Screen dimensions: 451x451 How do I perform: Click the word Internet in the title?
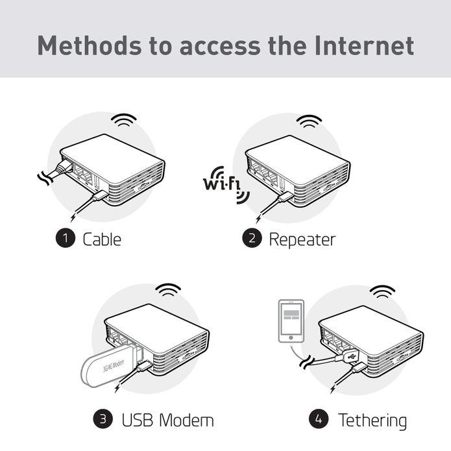(364, 45)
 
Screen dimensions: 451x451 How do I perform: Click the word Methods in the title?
(90, 45)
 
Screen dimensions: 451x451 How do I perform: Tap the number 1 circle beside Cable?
(66, 238)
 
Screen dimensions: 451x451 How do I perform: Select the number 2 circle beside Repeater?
(252, 238)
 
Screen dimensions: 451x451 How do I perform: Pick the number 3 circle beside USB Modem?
(103, 419)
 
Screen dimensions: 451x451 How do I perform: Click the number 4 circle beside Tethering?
(319, 419)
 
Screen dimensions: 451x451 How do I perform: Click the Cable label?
(102, 239)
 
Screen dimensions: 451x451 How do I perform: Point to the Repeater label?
(302, 240)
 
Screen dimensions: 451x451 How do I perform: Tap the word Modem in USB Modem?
(186, 420)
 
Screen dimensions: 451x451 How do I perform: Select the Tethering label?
(372, 421)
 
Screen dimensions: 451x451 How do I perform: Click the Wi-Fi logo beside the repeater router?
(226, 185)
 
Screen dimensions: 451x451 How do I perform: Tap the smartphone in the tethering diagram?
(291, 321)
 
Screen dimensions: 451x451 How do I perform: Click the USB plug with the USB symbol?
(350, 357)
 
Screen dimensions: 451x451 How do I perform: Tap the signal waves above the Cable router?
(124, 119)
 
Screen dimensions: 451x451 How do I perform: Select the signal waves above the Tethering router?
(382, 291)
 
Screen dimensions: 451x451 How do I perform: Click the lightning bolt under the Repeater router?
(258, 218)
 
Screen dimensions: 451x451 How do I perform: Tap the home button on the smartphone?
(291, 337)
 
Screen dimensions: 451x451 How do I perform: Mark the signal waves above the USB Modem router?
(168, 289)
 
